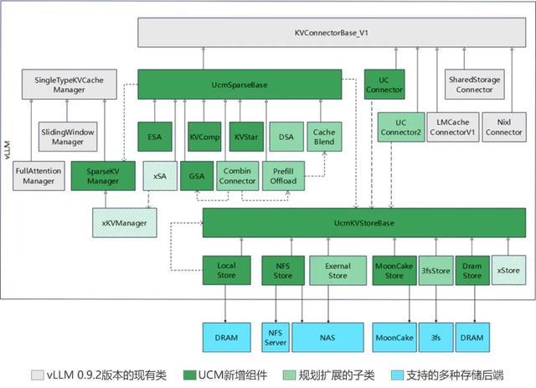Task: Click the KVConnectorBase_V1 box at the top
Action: pyautogui.click(x=332, y=32)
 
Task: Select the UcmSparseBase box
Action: pyautogui.click(x=239, y=84)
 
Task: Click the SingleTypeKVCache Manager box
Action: pyautogui.click(x=64, y=84)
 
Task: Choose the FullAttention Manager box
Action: pyautogui.click(x=38, y=175)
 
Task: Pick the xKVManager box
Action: pyautogui.click(x=124, y=223)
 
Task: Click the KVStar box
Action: pyautogui.click(x=245, y=136)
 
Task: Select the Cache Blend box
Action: pyautogui.click(x=324, y=137)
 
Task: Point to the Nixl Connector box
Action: pyautogui.click(x=504, y=127)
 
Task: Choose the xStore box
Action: pyautogui.click(x=508, y=270)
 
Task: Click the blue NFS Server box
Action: pyautogui.click(x=276, y=338)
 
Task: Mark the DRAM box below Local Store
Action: pyautogui.click(x=226, y=338)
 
